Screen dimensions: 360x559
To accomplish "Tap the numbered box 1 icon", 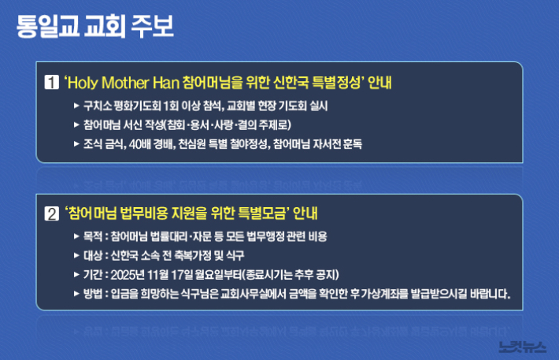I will pyautogui.click(x=52, y=81).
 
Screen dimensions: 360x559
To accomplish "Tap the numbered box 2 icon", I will pyautogui.click(x=52, y=213).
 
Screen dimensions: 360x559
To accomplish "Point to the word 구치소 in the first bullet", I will pyautogui.click(x=98, y=105).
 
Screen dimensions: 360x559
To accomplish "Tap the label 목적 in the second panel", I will pyautogui.click(x=93, y=236).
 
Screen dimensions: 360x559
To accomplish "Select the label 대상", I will pyautogui.click(x=93, y=256).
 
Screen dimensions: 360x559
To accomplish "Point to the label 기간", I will pyautogui.click(x=93, y=275).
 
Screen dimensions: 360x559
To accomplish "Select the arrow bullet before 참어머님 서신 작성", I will pyautogui.click(x=76, y=124).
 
